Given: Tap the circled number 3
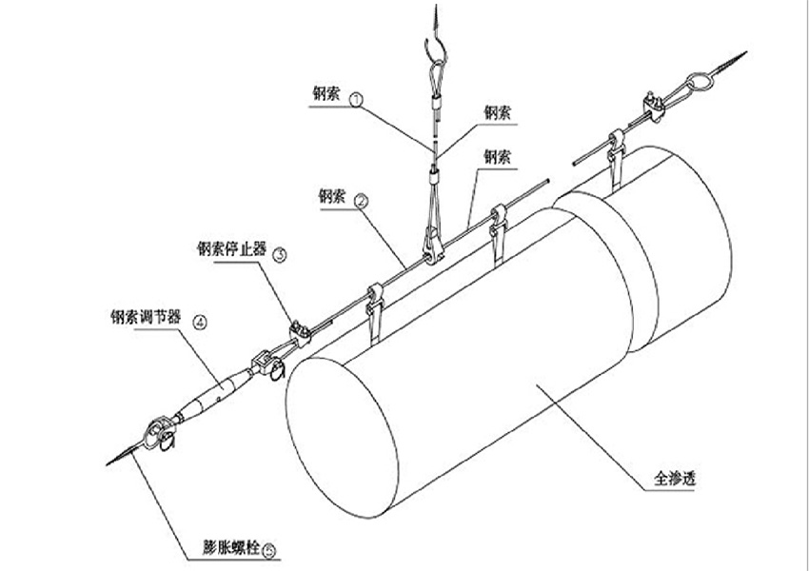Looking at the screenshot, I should (279, 254).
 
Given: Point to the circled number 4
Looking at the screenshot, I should (200, 322).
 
